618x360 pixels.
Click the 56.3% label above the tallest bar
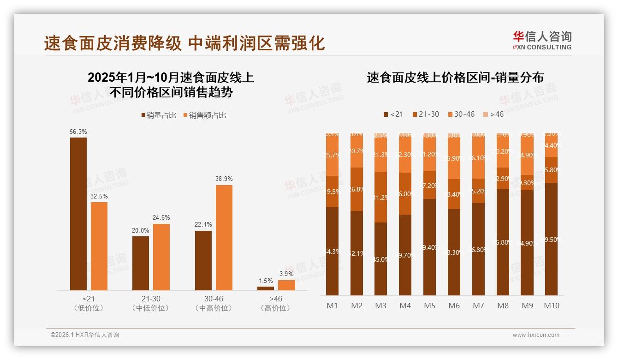tap(78, 132)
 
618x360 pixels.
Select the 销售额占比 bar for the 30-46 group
tap(224, 238)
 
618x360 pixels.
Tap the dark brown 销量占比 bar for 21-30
tap(141, 263)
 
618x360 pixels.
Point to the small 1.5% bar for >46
tap(266, 288)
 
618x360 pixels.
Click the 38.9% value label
tap(224, 179)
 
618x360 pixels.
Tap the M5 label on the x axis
tap(429, 306)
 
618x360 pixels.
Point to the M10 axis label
tap(552, 306)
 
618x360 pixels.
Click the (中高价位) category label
tap(214, 308)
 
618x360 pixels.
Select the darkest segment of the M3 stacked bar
tap(381, 259)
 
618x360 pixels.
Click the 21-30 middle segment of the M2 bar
tap(357, 189)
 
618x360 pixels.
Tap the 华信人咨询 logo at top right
tap(542, 40)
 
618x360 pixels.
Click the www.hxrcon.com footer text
tap(536, 335)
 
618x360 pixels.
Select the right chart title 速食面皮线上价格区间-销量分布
tap(455, 78)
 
